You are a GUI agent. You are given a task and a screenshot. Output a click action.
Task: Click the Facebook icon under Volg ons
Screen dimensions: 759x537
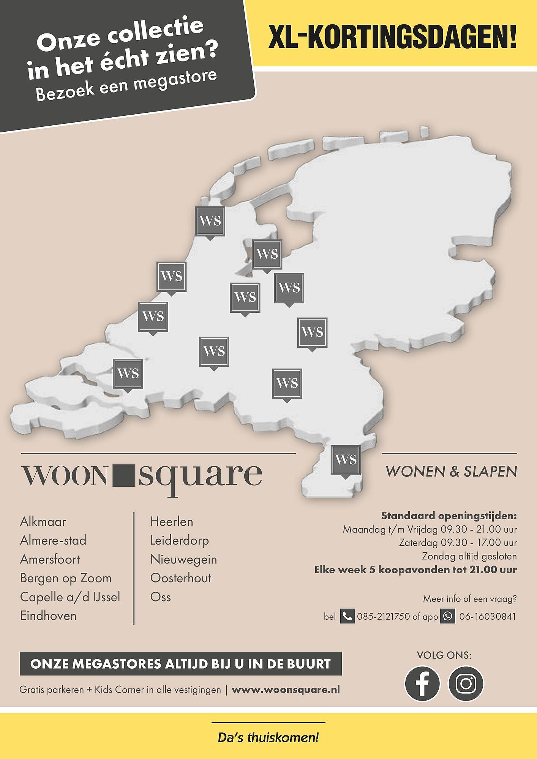tap(422, 683)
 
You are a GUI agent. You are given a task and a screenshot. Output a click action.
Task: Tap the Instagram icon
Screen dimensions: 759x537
tap(466, 683)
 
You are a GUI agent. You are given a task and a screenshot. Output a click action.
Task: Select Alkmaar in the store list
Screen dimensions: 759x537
tap(43, 521)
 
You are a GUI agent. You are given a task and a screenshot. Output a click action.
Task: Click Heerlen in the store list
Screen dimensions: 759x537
tap(172, 521)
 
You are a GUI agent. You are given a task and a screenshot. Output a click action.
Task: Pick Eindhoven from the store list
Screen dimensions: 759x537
tap(48, 616)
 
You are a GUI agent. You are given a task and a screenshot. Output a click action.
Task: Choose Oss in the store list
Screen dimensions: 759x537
tap(161, 597)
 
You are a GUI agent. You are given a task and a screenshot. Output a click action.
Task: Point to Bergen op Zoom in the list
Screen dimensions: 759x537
tap(66, 578)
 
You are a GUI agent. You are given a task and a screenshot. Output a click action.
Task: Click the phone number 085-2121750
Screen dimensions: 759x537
tap(384, 617)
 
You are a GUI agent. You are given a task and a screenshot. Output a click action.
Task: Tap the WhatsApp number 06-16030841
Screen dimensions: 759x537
tap(488, 617)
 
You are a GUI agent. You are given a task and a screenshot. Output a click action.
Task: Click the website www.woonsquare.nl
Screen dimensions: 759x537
tap(286, 690)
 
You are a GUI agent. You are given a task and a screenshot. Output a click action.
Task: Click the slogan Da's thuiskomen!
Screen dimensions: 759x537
tap(268, 738)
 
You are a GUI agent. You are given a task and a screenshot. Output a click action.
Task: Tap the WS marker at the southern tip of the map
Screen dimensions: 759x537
tap(346, 460)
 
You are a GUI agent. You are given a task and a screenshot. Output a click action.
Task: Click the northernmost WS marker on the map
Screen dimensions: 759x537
tap(210, 221)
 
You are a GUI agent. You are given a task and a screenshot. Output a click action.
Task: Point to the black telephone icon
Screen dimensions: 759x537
tap(347, 616)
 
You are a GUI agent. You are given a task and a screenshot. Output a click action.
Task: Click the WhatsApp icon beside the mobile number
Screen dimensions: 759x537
tap(448, 616)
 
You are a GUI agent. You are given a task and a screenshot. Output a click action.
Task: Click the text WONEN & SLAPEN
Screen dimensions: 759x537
tap(451, 472)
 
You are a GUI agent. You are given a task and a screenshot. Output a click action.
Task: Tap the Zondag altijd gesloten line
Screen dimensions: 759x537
tap(469, 556)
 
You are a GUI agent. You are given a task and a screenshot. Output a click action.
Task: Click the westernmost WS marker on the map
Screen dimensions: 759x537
tap(128, 374)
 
